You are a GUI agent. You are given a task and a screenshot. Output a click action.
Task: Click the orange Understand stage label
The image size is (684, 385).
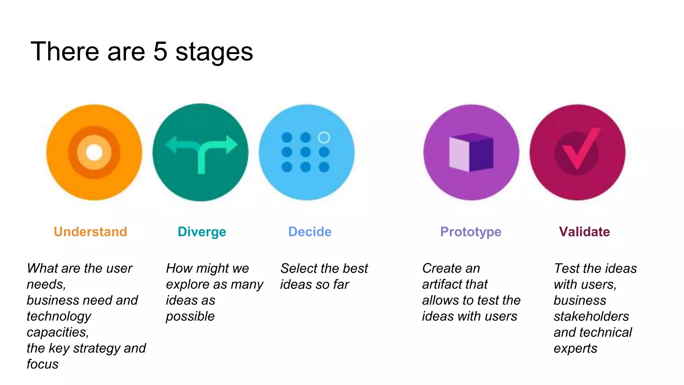pos(91,232)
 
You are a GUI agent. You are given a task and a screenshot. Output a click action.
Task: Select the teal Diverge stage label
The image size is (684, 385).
pos(202,232)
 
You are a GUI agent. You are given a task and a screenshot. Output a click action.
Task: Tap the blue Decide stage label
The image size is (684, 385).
pos(310,232)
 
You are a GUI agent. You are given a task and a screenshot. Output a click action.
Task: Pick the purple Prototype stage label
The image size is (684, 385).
pos(471,232)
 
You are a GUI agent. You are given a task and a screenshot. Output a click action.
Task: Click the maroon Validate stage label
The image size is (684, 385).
pos(584,232)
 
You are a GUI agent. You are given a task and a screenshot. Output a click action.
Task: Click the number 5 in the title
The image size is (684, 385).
pos(160,52)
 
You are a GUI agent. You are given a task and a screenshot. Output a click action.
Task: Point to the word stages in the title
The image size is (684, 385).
pos(214,53)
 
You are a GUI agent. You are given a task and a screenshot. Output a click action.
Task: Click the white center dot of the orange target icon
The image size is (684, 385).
pos(94,152)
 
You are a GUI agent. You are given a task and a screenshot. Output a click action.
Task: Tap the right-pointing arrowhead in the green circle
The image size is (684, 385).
pos(231,144)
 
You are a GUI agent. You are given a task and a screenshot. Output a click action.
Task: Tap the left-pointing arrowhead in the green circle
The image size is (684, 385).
pos(171,144)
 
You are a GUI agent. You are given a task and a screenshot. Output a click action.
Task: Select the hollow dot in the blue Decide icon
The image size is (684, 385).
pos(324,137)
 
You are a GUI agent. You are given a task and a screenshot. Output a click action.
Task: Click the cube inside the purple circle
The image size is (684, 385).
pos(471,152)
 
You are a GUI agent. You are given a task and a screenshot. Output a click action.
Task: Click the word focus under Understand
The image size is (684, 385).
pos(42,364)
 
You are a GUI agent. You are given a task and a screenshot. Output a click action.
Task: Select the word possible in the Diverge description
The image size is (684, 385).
pos(190,316)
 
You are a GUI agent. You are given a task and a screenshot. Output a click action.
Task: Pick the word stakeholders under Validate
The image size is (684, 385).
pos(591,316)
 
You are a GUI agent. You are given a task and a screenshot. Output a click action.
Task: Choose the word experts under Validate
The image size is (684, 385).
pos(575,349)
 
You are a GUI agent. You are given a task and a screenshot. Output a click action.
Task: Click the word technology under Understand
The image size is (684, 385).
pos(59,316)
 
